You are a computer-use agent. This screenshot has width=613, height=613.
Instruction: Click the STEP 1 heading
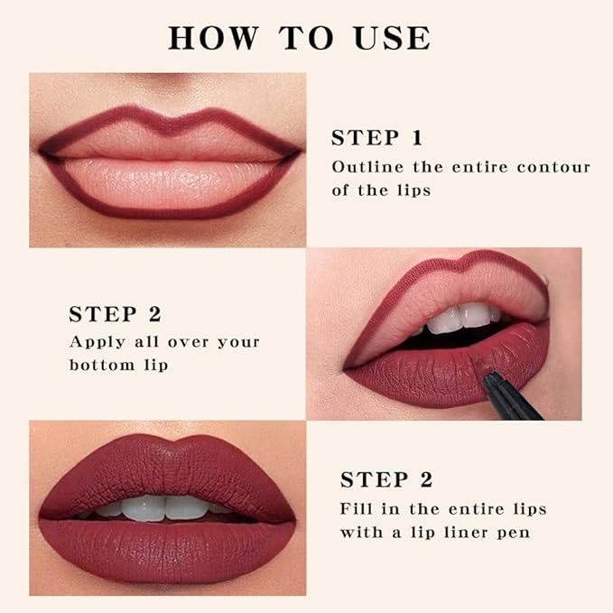tap(377, 138)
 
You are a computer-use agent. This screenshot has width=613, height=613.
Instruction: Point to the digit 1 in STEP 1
tap(416, 138)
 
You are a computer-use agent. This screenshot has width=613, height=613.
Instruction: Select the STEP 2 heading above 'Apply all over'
tap(115, 314)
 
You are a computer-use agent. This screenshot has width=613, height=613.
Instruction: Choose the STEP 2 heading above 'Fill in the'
tap(386, 479)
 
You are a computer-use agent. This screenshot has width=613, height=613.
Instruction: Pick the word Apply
tap(94, 342)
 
